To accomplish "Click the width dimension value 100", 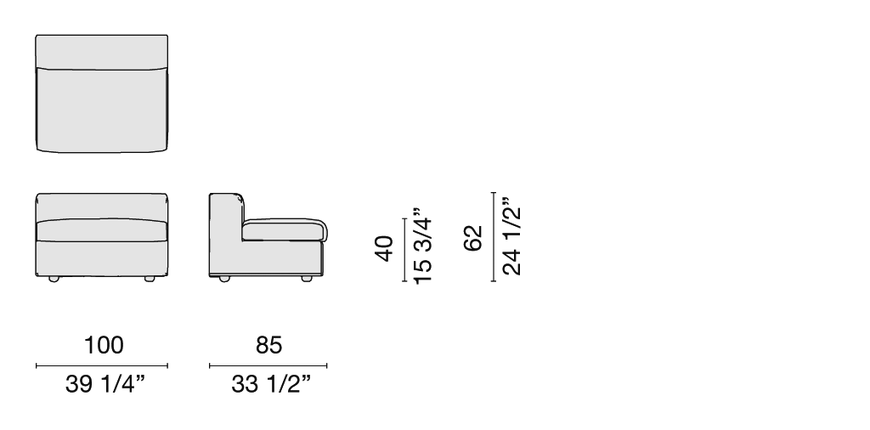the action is tap(103, 345).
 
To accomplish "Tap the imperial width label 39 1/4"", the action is tap(105, 383).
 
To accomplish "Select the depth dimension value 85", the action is tap(268, 345).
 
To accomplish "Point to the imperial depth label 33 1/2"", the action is tap(271, 383).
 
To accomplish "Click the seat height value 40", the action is tap(384, 248).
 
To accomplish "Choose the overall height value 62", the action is tap(473, 237).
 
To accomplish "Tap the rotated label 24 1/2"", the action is tap(511, 235).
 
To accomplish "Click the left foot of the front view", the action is tap(54, 279).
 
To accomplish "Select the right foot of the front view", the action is tap(150, 279).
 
